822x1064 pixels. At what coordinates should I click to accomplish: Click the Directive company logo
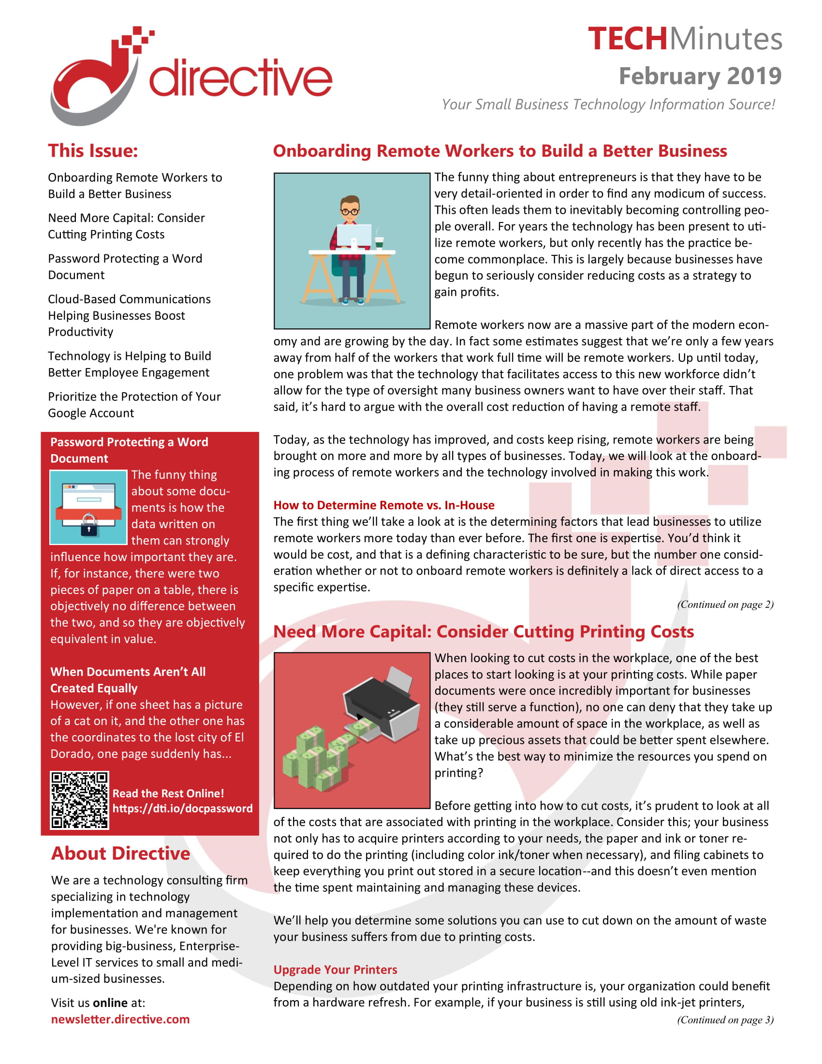(x=190, y=75)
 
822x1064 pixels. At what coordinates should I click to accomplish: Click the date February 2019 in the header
(x=700, y=76)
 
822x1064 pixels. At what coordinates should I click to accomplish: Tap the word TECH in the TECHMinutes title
(x=627, y=39)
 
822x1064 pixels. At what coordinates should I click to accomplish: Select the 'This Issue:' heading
(x=92, y=150)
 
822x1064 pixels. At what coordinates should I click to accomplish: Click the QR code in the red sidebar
(x=79, y=800)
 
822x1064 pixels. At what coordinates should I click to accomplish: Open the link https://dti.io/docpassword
(x=182, y=808)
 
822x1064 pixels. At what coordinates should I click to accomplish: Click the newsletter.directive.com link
(x=120, y=1019)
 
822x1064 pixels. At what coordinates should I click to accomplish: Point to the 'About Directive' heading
(x=120, y=853)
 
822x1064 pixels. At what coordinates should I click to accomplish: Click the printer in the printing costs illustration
(x=383, y=702)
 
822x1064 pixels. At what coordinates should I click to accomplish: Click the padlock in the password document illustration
(x=88, y=524)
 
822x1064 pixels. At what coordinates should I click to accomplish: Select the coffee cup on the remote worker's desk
(x=379, y=242)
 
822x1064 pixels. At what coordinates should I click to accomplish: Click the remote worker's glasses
(x=350, y=211)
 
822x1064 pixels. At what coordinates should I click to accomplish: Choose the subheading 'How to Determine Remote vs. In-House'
(x=384, y=505)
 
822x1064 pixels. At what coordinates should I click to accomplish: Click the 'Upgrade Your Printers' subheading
(x=335, y=970)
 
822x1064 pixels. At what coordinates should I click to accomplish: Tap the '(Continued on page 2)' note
(x=725, y=604)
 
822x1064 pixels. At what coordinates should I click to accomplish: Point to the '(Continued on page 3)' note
(x=725, y=1020)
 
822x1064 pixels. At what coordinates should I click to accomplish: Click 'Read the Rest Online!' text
(x=168, y=793)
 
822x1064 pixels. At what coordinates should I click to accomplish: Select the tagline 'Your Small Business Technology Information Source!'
(x=608, y=104)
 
